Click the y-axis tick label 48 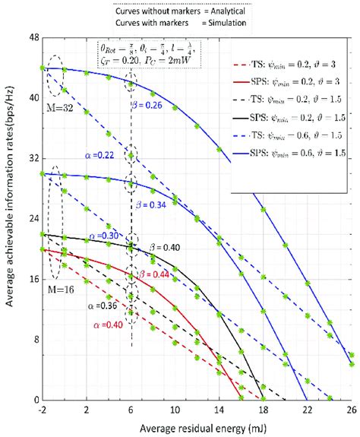[x=33, y=36]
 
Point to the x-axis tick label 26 [x=351, y=410]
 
